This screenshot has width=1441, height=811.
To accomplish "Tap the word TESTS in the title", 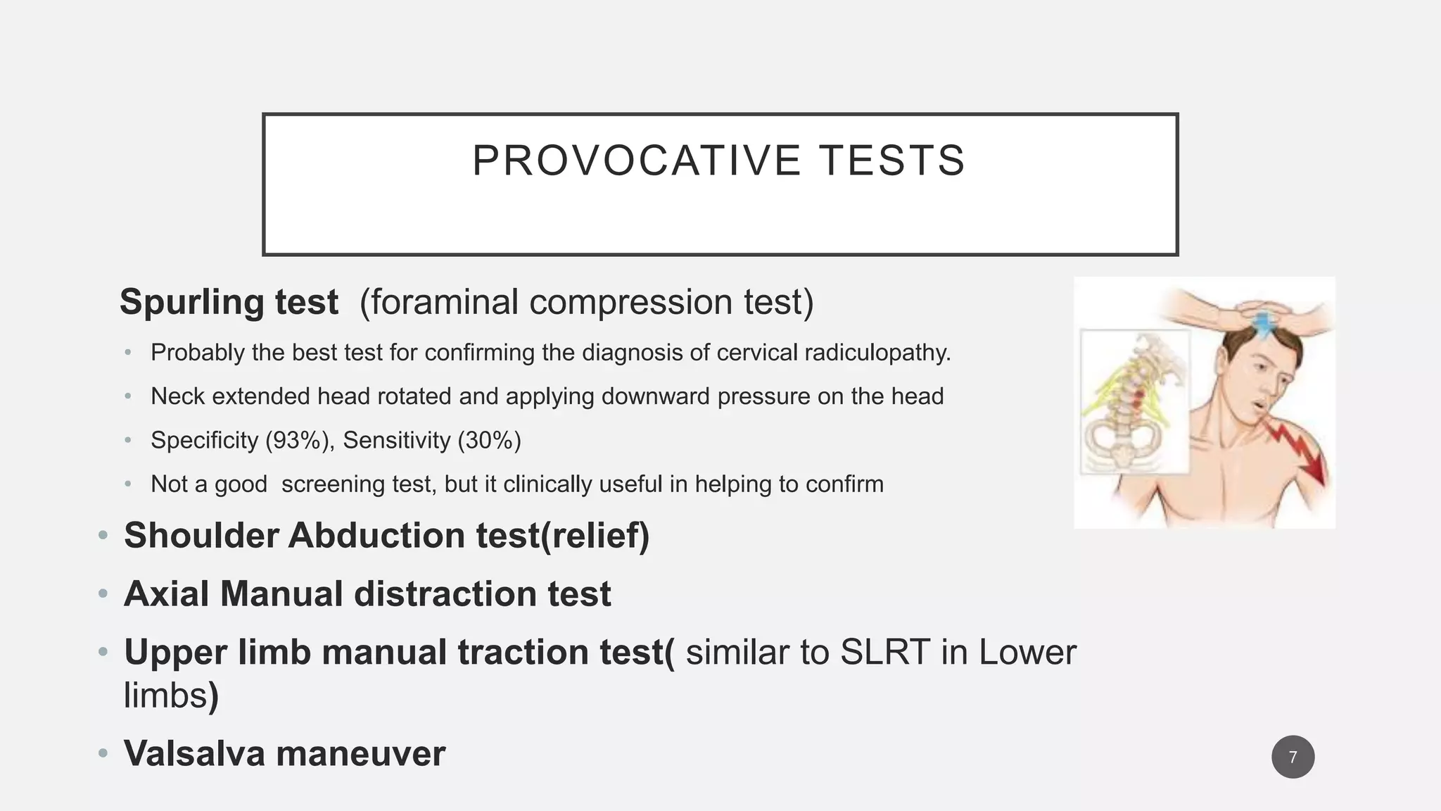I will [891, 161].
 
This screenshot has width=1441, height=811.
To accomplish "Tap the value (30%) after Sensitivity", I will [489, 440].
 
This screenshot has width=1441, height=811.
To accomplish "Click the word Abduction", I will [376, 535].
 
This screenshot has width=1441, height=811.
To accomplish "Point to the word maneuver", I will [360, 753].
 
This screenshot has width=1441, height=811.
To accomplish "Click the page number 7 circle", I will [1293, 757].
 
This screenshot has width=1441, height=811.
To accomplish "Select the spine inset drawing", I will [1134, 401].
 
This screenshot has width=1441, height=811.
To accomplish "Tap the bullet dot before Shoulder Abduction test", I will [103, 536].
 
